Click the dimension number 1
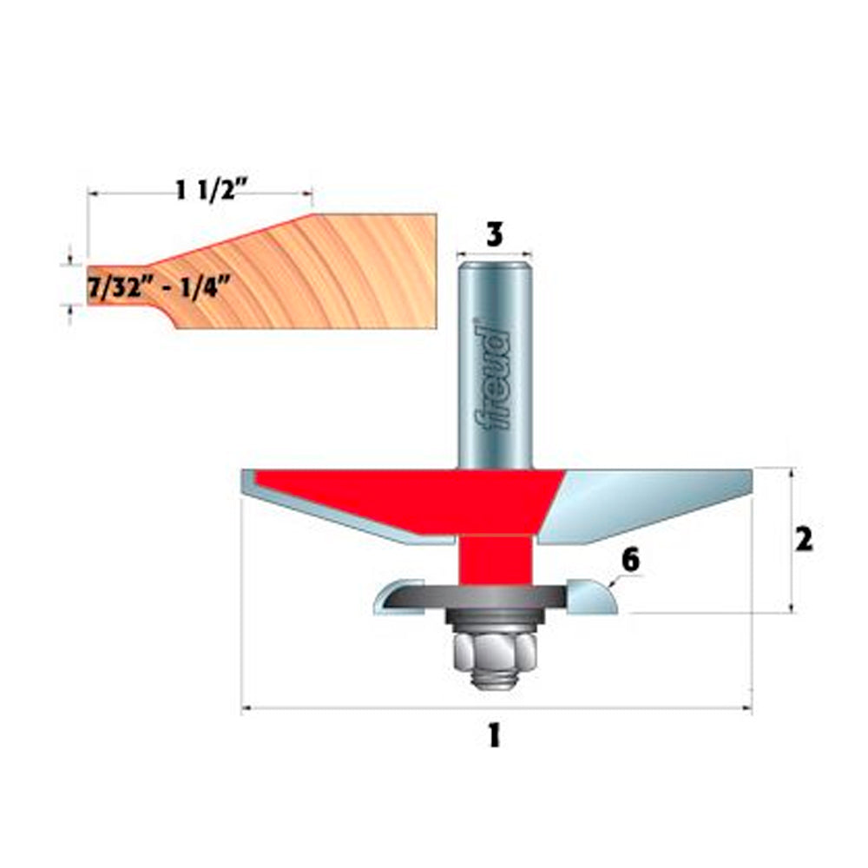494,736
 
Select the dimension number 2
804,540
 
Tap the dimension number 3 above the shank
493,233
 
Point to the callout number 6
630,561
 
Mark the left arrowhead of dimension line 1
246,709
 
